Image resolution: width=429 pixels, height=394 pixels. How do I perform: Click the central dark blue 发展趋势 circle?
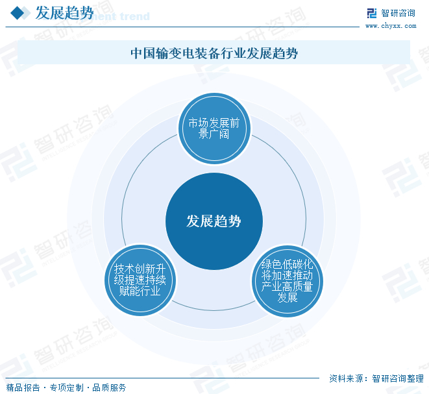[x=214, y=221]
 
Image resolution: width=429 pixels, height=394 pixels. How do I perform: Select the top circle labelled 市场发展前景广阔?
[x=214, y=129]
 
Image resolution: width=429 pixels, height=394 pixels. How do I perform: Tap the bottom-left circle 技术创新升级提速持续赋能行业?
[x=140, y=280]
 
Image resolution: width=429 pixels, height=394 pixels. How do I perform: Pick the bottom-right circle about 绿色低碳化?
[x=288, y=280]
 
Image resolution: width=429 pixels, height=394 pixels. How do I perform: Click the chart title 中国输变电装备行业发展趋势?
[x=214, y=53]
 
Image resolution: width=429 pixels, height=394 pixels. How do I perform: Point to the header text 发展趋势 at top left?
[x=64, y=13]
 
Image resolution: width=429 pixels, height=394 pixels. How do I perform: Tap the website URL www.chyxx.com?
[x=391, y=26]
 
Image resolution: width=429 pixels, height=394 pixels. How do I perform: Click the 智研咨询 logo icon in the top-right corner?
[x=371, y=13]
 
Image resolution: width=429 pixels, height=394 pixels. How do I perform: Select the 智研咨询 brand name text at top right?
[x=398, y=13]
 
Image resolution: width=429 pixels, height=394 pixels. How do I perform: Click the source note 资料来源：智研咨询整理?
[x=376, y=379]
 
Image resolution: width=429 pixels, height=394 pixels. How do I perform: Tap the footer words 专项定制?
[x=66, y=388]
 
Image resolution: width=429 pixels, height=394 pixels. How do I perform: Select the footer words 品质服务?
[x=109, y=388]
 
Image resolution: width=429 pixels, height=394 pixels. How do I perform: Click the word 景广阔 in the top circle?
[x=214, y=135]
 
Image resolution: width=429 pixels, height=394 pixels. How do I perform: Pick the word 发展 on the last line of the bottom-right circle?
[x=288, y=297]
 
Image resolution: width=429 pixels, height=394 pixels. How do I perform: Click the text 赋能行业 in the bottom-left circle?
[x=140, y=291]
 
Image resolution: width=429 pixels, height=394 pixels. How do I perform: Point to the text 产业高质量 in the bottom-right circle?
[x=288, y=286]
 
